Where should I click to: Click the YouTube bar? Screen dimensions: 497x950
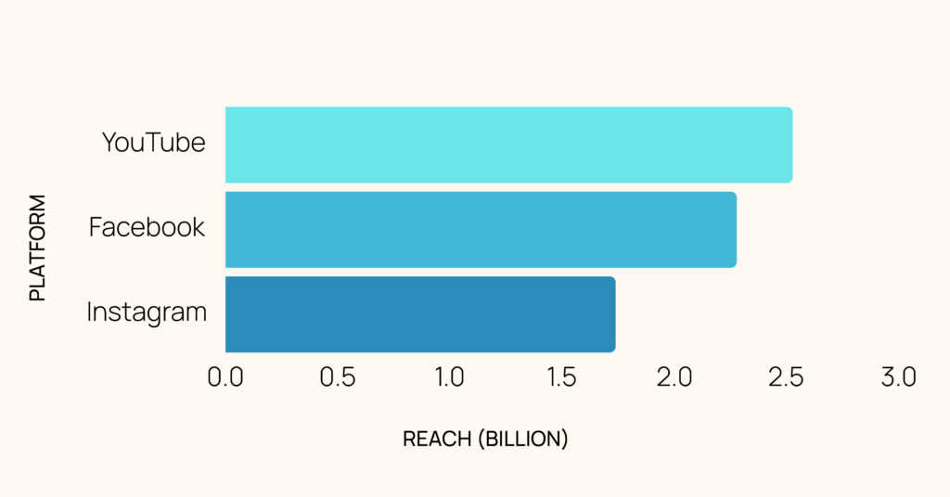point(508,145)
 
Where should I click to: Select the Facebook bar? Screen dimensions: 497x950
point(481,230)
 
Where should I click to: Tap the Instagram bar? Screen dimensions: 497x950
point(419,314)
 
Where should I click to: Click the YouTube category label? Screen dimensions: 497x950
point(153,143)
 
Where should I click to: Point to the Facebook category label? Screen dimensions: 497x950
point(147,227)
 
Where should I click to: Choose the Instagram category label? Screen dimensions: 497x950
point(147,312)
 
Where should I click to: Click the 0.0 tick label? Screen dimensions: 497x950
point(225,377)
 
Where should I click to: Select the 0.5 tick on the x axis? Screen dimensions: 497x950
point(338,377)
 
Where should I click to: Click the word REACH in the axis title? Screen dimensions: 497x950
point(437,440)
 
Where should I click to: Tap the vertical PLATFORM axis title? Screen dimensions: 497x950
point(37,248)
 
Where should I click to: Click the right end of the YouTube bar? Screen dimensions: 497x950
point(790,145)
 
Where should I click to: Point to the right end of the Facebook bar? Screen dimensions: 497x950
point(735,230)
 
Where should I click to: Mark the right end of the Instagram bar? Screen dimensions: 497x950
point(613,314)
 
